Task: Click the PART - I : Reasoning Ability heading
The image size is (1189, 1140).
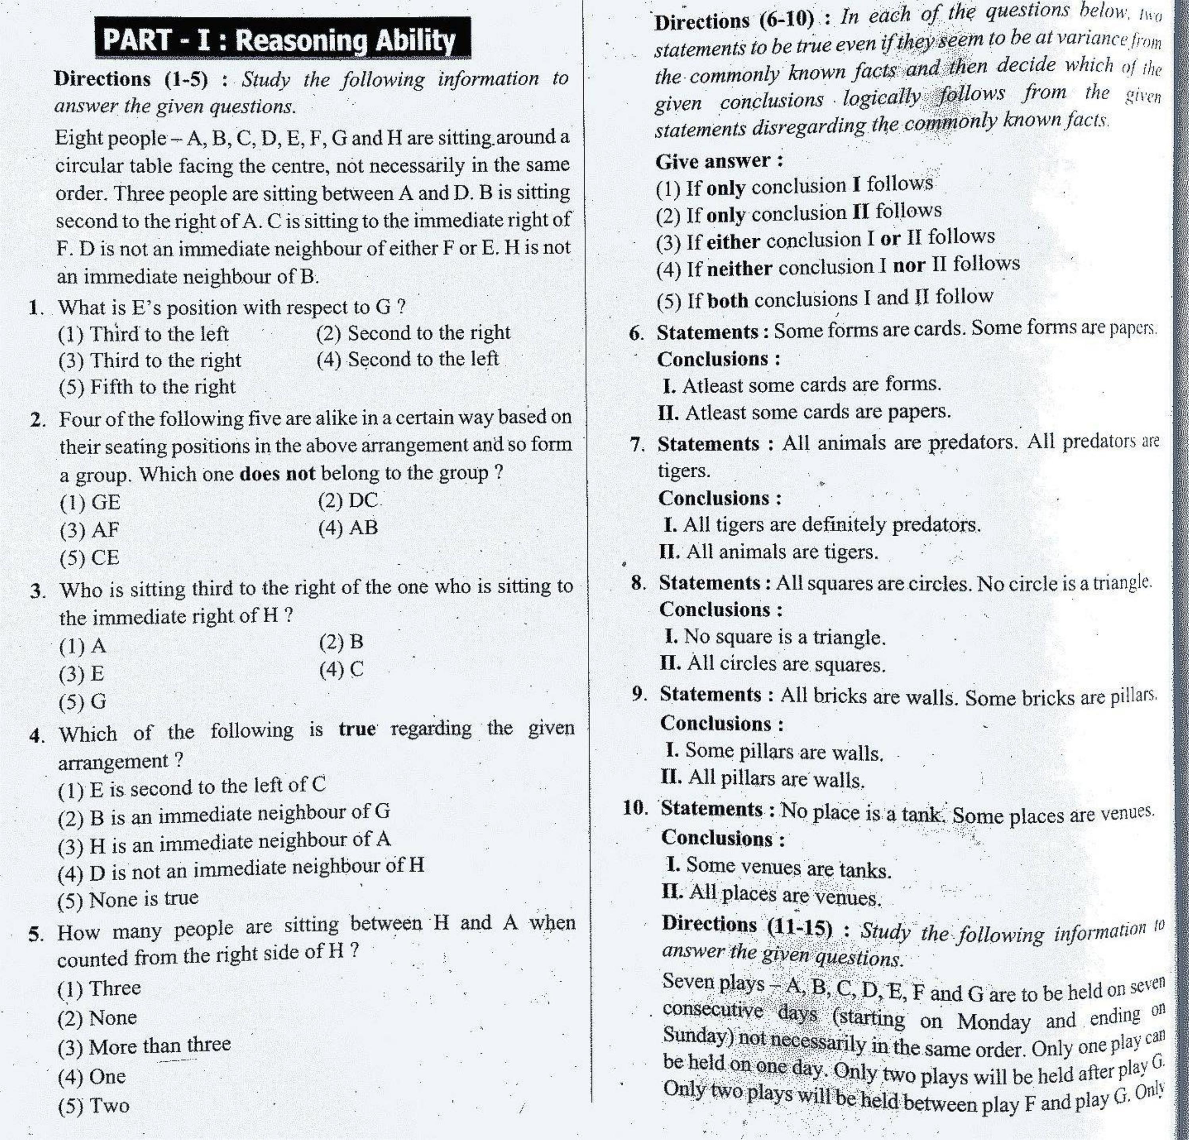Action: pos(282,39)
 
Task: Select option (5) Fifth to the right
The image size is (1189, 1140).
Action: pos(147,386)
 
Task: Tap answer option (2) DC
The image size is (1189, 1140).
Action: pos(347,501)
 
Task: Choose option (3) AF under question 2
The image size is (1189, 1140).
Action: pos(89,530)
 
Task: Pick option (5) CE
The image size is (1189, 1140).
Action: pos(89,557)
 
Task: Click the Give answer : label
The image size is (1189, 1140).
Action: pos(719,161)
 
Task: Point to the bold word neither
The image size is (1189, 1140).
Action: pos(739,268)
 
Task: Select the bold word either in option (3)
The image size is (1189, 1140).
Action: pos(733,241)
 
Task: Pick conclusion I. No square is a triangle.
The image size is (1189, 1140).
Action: pos(775,637)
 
